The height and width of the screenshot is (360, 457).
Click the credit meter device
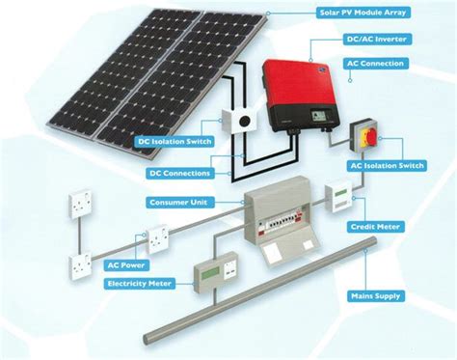(x=341, y=198)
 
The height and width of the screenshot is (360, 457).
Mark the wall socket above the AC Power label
(x=156, y=236)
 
